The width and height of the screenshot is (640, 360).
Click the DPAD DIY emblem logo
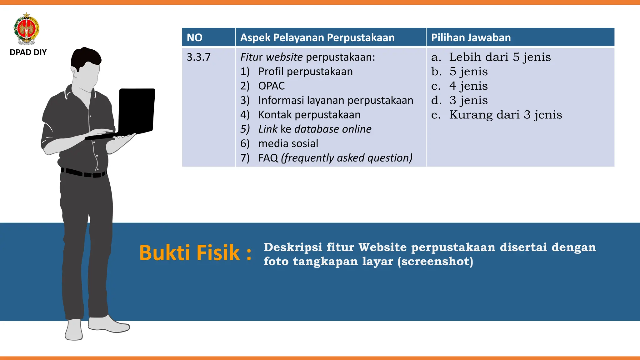click(x=27, y=29)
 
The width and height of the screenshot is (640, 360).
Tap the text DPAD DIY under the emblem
click(x=28, y=52)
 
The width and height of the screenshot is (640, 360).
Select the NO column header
click(x=195, y=37)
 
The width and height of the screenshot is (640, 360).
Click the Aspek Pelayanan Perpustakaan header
click(x=317, y=37)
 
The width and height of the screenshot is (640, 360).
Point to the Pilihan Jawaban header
click(x=471, y=37)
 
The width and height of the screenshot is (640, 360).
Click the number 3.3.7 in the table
click(x=199, y=57)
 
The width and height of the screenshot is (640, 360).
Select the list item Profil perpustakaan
click(x=305, y=72)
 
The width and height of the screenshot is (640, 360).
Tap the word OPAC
click(x=272, y=86)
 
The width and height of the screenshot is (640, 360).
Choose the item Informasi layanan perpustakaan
click(x=336, y=100)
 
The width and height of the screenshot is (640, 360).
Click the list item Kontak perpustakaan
click(x=309, y=115)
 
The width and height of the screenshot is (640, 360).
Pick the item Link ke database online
click(x=315, y=129)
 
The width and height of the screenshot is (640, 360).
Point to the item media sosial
click(x=288, y=143)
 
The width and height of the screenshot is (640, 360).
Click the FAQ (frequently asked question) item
click(x=335, y=158)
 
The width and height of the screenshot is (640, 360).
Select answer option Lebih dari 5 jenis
click(x=500, y=57)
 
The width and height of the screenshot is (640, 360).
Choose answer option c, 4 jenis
click(x=468, y=86)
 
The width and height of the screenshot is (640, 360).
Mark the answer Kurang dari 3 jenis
click(x=505, y=115)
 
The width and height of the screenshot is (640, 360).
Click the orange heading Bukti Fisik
click(x=195, y=252)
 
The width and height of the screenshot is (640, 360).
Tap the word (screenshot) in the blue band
click(x=435, y=261)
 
